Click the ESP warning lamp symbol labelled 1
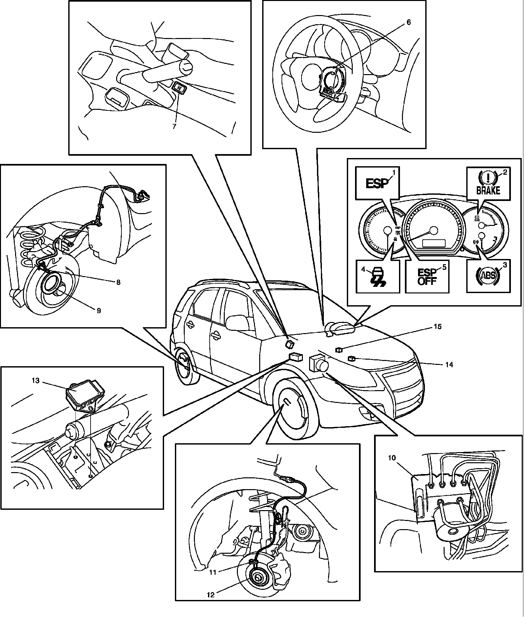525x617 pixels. point(377,184)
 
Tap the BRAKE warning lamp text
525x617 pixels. point(488,190)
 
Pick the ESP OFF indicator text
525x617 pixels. point(427,277)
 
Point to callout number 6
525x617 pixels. point(408,22)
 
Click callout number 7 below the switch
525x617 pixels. point(174,126)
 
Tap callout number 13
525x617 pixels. point(36,381)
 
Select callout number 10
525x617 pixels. point(392,458)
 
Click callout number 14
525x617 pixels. point(449,364)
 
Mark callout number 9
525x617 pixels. point(99,310)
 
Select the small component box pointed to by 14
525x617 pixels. point(352,359)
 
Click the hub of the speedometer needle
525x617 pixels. point(434,230)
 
